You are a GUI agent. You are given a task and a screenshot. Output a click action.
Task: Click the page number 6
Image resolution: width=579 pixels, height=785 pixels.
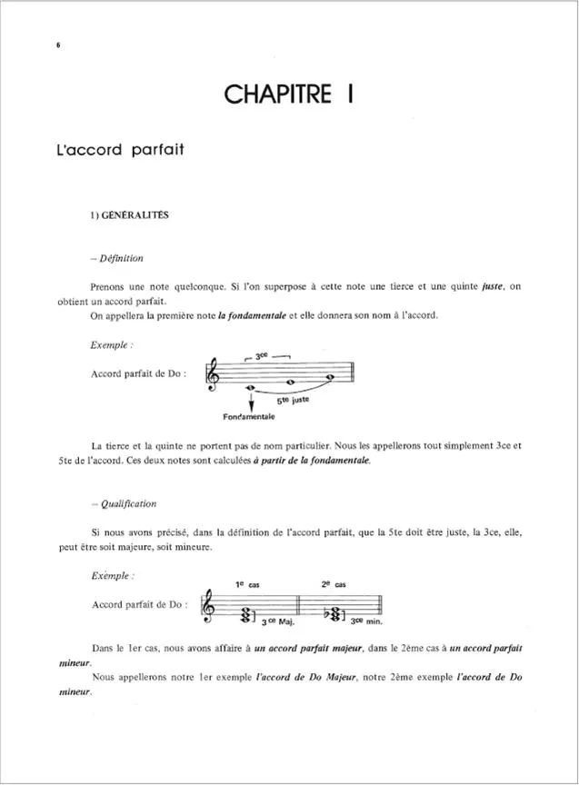click(57, 45)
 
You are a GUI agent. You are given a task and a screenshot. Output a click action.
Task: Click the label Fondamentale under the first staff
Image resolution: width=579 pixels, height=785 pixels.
click(248, 417)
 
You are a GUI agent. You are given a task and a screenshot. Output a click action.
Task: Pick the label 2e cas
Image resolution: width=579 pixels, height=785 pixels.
click(334, 585)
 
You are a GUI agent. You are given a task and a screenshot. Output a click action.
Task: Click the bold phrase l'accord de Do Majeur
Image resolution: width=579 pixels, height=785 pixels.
click(314, 679)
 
